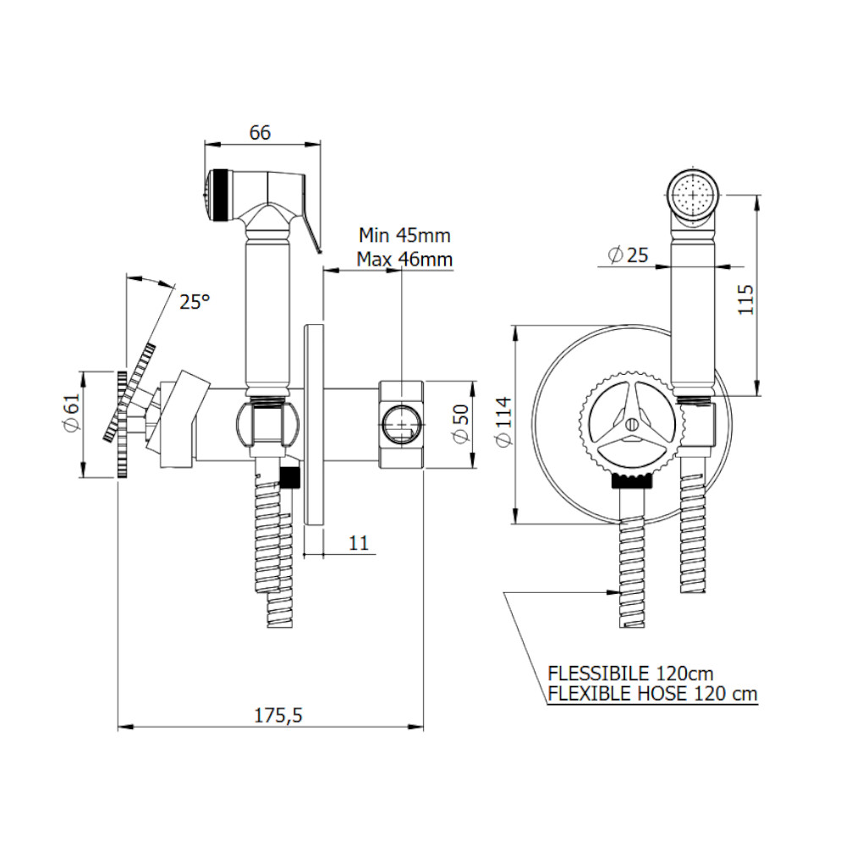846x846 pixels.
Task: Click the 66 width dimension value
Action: tap(260, 132)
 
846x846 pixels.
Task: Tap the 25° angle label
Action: tap(194, 301)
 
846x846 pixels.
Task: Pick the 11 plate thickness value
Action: tap(360, 543)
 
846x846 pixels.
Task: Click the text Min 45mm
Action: tap(404, 235)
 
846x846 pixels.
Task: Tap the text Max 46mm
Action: tap(404, 259)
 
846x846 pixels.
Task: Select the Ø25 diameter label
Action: tap(628, 254)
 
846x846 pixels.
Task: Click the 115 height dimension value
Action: tap(745, 299)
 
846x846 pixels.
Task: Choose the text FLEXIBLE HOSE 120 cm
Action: tap(652, 694)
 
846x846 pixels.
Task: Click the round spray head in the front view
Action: tap(694, 195)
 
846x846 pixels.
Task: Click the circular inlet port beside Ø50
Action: tap(401, 424)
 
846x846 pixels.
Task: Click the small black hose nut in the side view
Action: tap(292, 476)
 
